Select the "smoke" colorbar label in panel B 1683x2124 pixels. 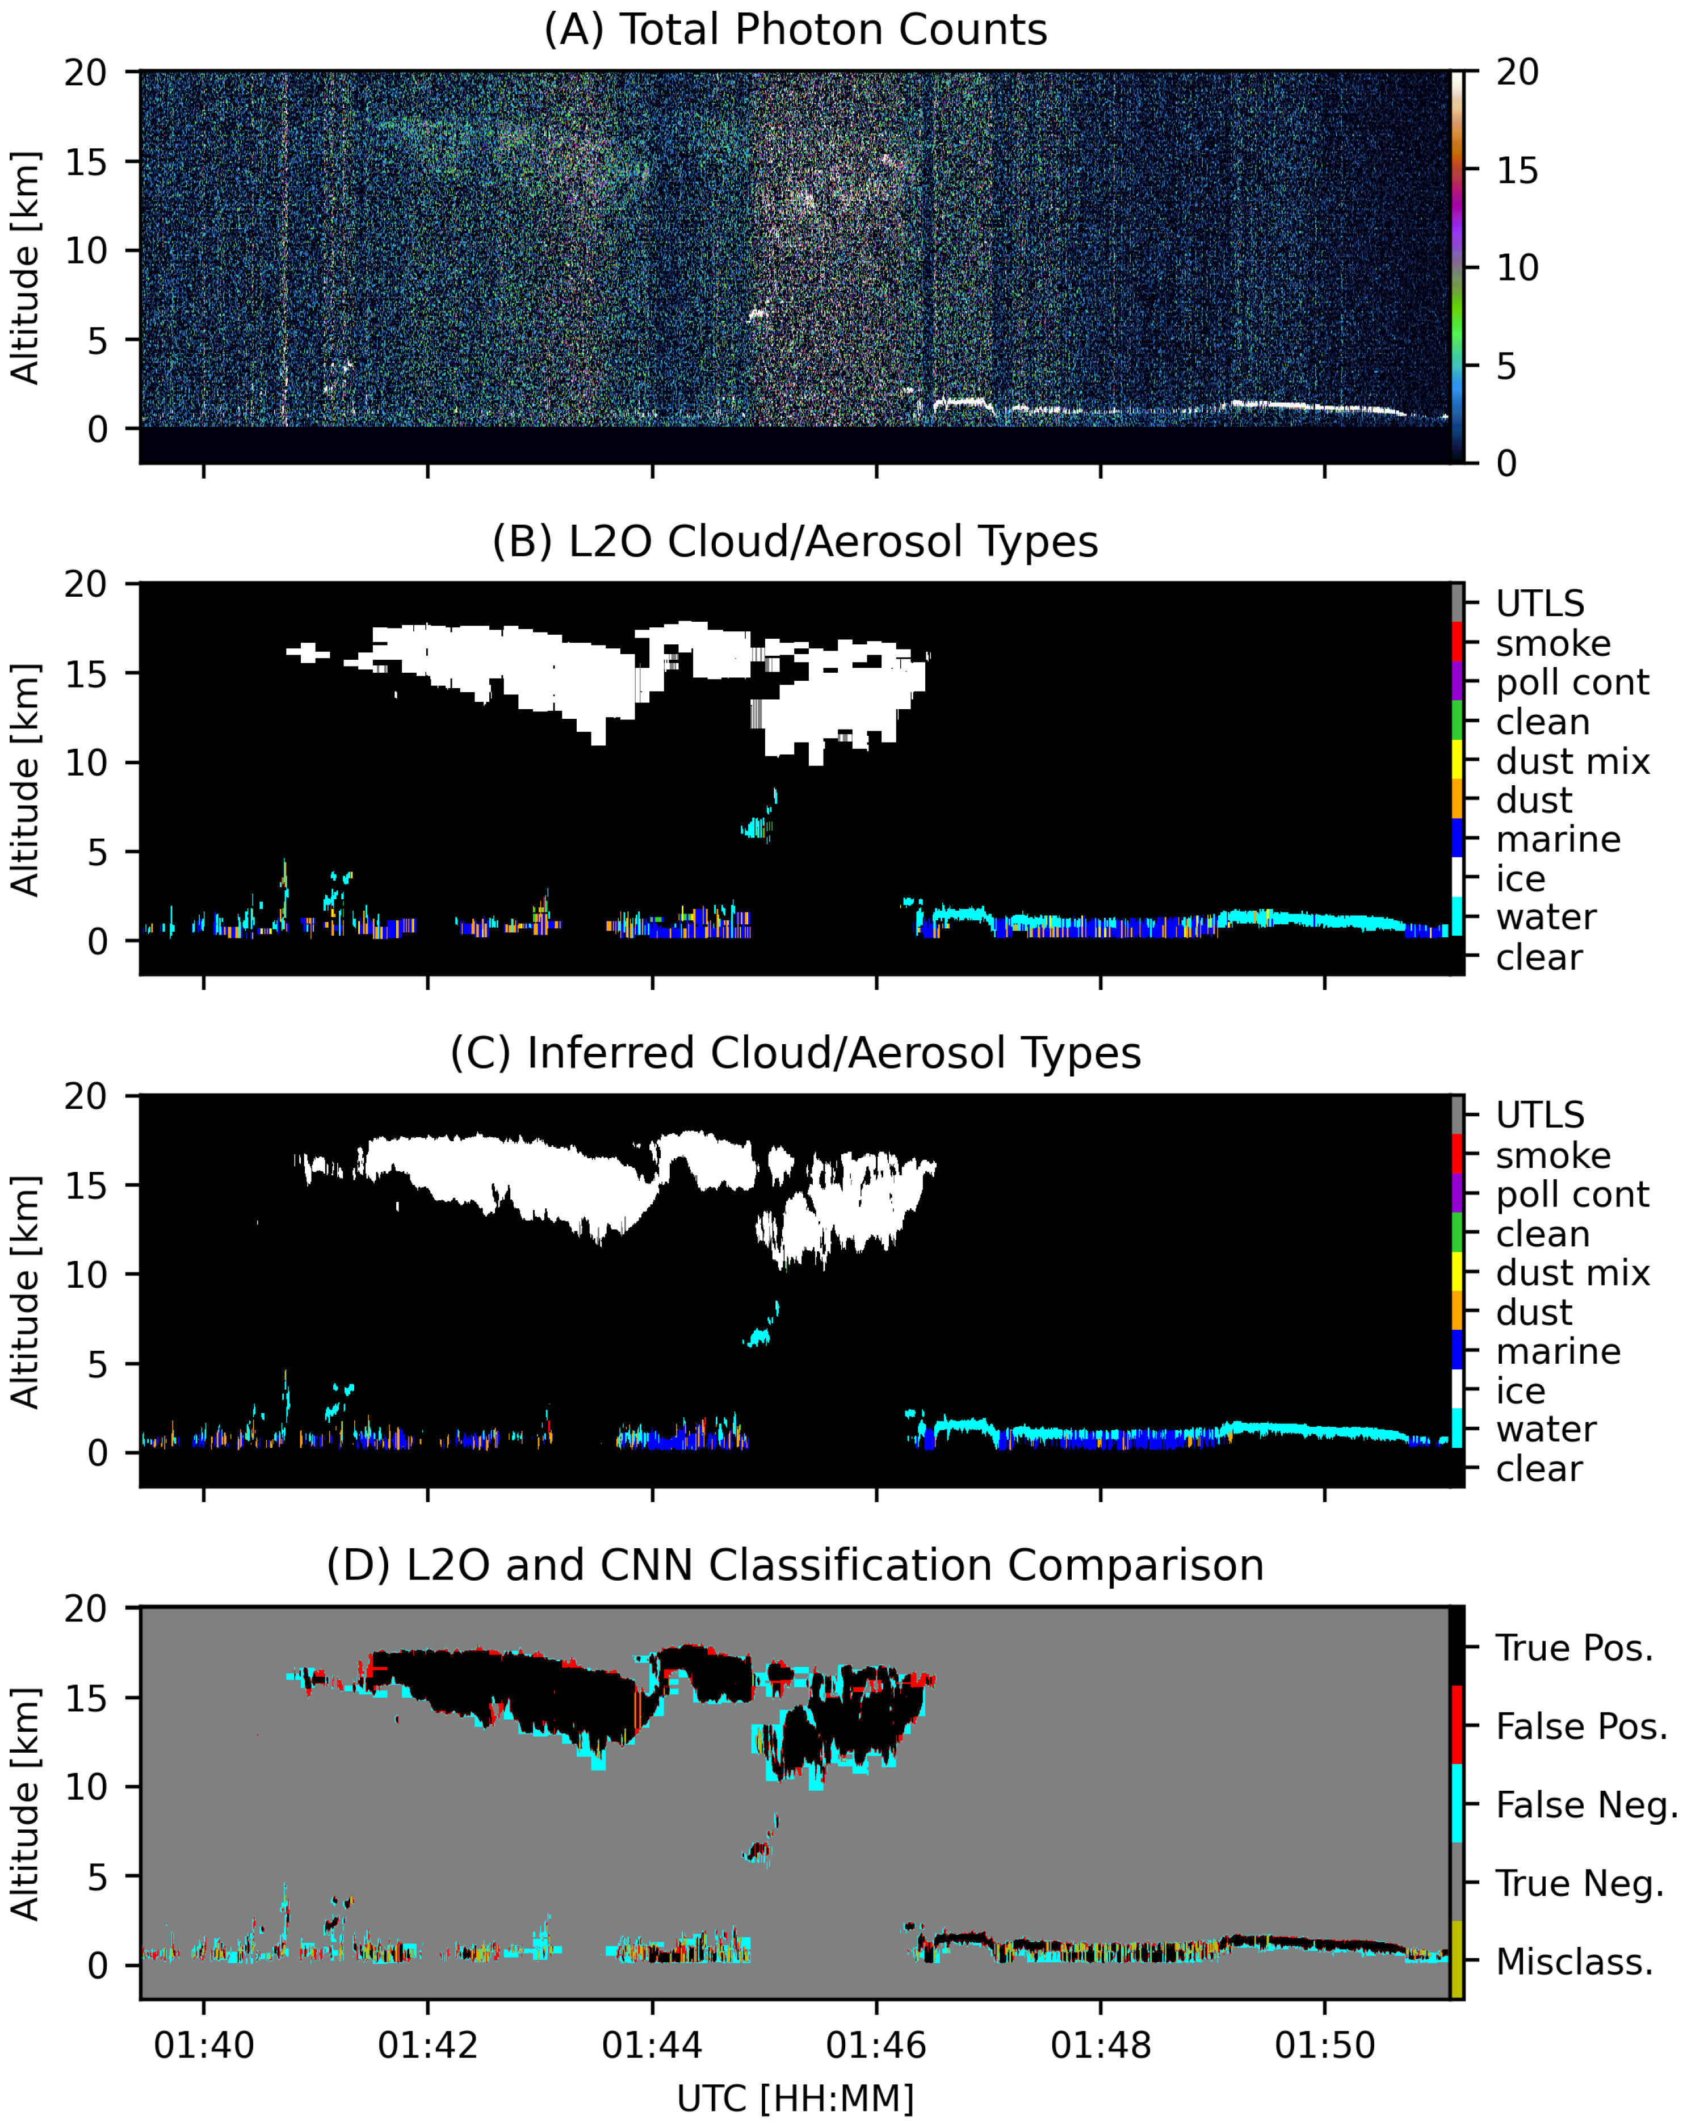(x=1553, y=643)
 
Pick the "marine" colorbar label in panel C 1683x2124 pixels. (x=1558, y=1352)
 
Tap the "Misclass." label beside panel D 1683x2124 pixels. (x=1573, y=1962)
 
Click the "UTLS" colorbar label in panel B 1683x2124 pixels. (x=1539, y=604)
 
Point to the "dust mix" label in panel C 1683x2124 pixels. (x=1572, y=1273)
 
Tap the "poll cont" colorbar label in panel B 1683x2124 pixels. (x=1572, y=682)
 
